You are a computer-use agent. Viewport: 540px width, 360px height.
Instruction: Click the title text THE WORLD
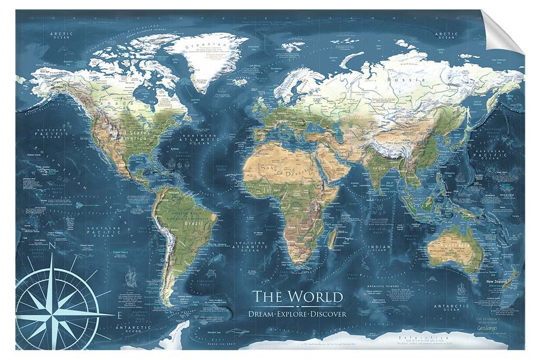coord(297,297)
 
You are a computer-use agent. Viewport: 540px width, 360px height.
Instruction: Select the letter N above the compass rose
coord(52,246)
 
